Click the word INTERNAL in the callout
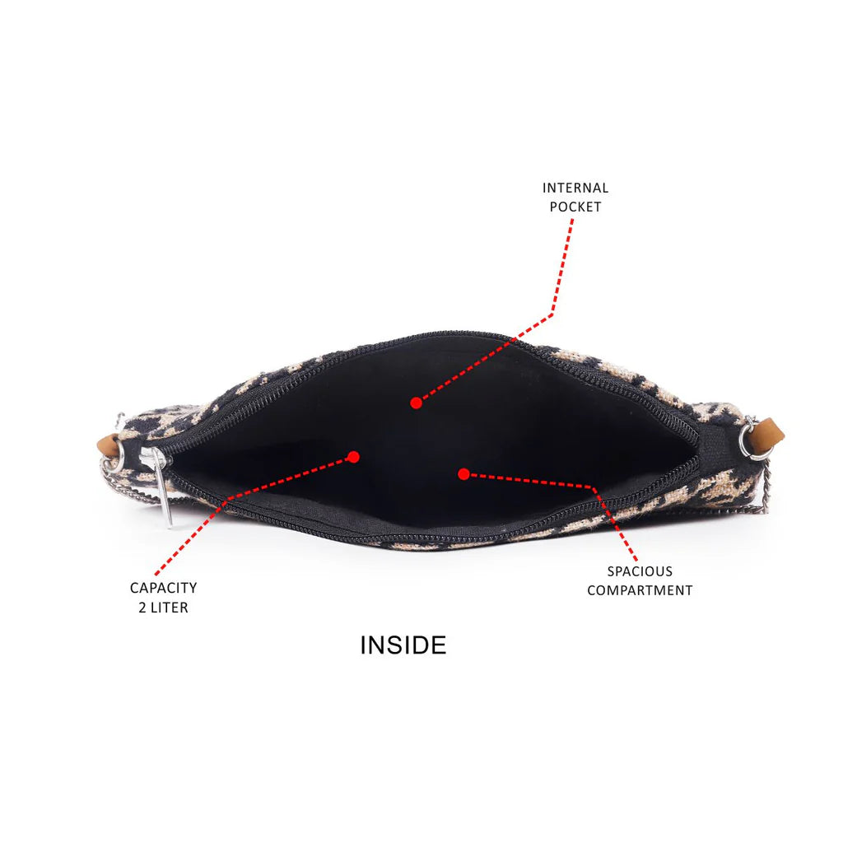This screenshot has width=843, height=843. pyautogui.click(x=575, y=189)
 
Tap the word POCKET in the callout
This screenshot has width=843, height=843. pyautogui.click(x=575, y=207)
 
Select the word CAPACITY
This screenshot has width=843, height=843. pyautogui.click(x=164, y=588)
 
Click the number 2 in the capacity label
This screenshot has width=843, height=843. pyautogui.click(x=142, y=608)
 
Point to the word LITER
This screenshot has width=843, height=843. pyautogui.click(x=170, y=608)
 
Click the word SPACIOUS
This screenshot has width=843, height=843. pyautogui.click(x=640, y=571)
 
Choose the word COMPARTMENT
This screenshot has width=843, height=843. pyautogui.click(x=640, y=590)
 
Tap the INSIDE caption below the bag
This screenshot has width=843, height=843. pyautogui.click(x=403, y=645)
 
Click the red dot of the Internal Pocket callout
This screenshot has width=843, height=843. pyautogui.click(x=416, y=403)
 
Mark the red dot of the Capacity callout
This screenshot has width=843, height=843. pyautogui.click(x=353, y=457)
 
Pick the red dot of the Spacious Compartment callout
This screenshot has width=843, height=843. pyautogui.click(x=463, y=474)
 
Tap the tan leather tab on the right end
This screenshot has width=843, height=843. pyautogui.click(x=769, y=432)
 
